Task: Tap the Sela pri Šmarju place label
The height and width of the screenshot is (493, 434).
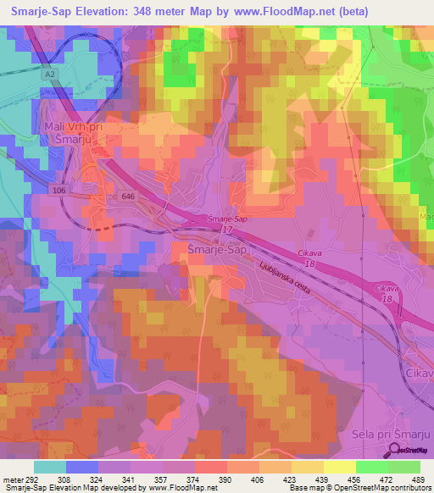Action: click(391, 435)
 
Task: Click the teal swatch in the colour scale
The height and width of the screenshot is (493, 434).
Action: click(50, 467)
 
